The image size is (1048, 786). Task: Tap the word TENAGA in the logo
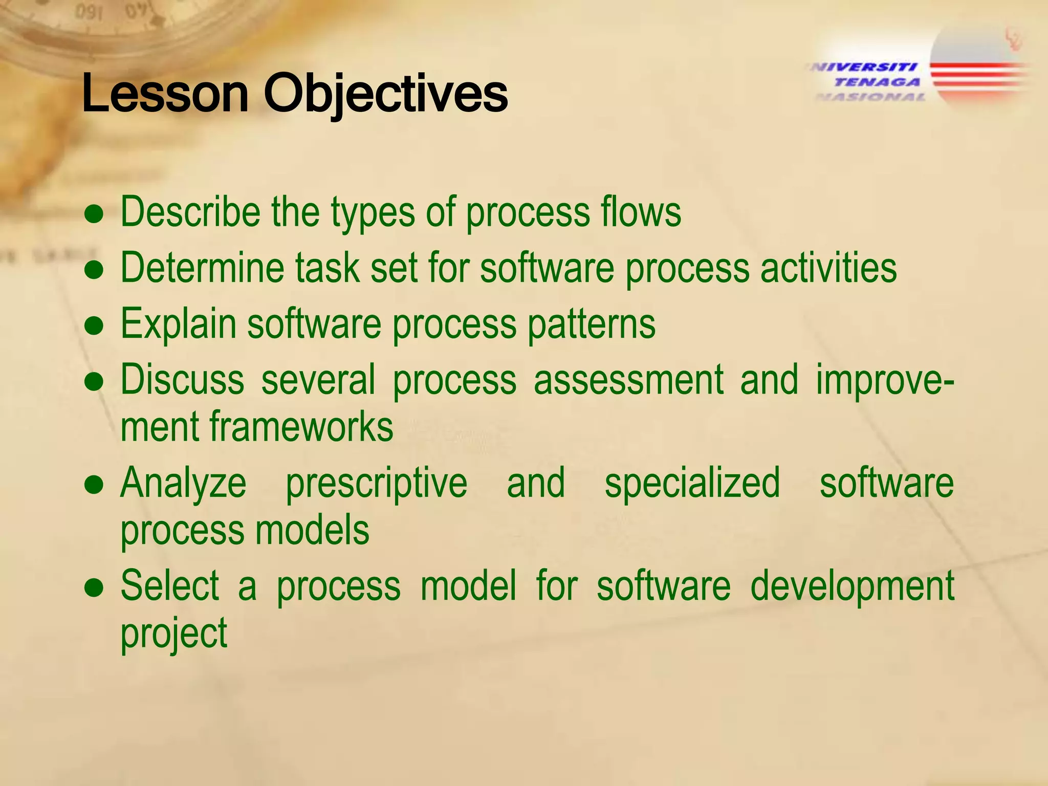877,82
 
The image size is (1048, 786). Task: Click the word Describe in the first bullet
190,212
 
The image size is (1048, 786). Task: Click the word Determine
202,268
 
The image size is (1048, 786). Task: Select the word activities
828,268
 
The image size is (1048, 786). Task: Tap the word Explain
178,324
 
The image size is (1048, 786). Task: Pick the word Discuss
182,380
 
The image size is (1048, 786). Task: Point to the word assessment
628,380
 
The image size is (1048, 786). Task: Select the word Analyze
183,484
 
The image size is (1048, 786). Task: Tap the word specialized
692,484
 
